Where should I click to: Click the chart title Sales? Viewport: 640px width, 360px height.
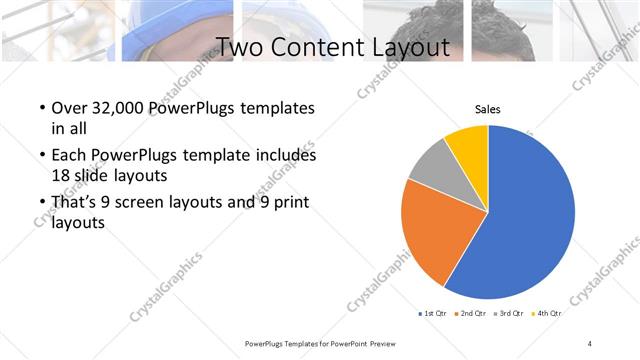[487, 109]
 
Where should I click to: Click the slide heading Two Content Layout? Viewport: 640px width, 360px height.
[332, 47]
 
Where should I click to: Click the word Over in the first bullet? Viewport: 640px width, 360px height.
[68, 108]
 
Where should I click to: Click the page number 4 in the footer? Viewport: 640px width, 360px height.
[590, 343]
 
